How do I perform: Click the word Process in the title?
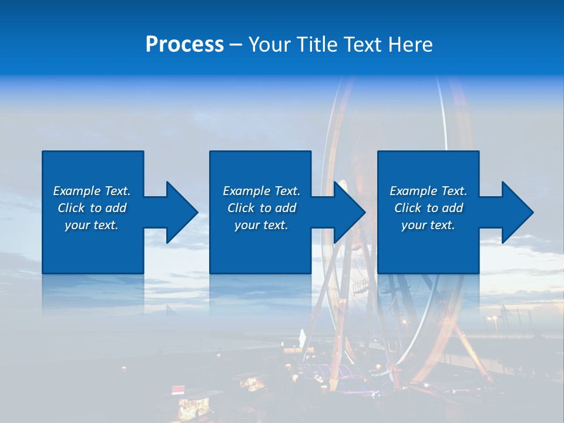184,45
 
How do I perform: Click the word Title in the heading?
317,45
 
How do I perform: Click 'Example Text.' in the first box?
92,191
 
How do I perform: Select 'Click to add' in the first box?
92,208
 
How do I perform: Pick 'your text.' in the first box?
92,225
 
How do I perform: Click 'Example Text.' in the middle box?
261,191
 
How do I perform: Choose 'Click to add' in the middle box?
261,208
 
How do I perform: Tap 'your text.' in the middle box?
261,225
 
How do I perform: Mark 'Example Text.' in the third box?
428,191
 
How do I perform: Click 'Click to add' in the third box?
428,208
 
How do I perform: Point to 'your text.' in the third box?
428,225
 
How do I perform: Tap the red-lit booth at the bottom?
179,390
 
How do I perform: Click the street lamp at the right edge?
492,320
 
